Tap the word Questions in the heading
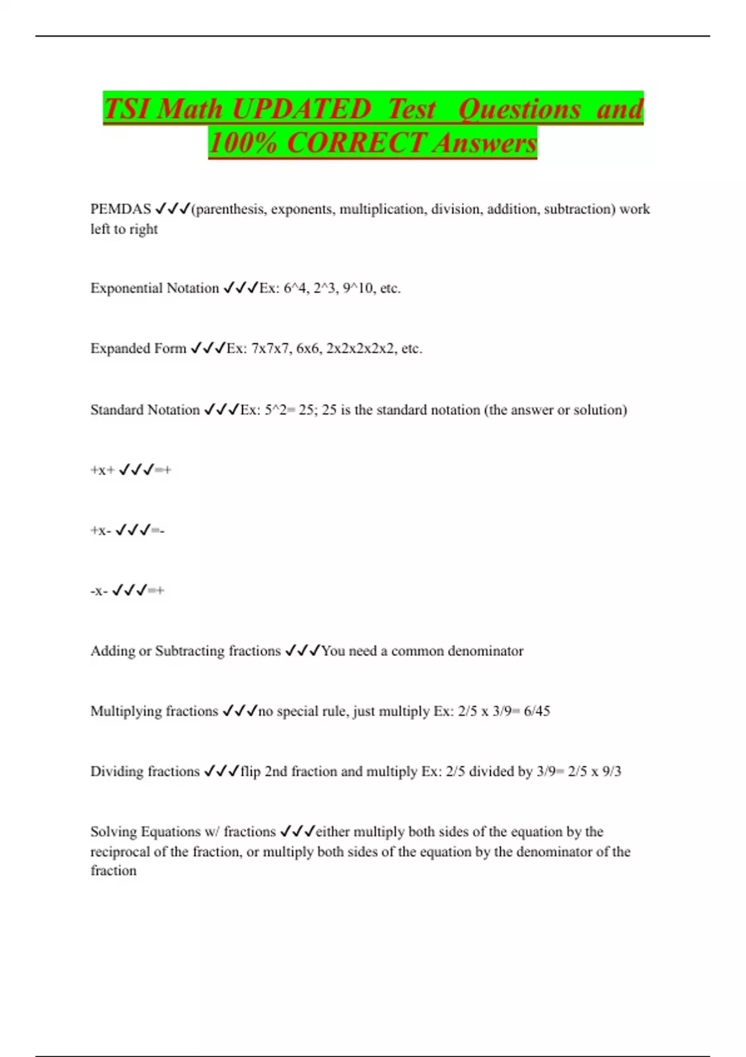[x=520, y=109]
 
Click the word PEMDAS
[x=121, y=209]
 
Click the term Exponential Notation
[x=155, y=288]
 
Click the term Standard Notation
[x=145, y=410]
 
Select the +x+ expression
[x=103, y=471]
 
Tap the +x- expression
[x=101, y=531]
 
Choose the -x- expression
[x=99, y=591]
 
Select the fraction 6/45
[x=537, y=711]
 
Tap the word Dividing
[x=113, y=772]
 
